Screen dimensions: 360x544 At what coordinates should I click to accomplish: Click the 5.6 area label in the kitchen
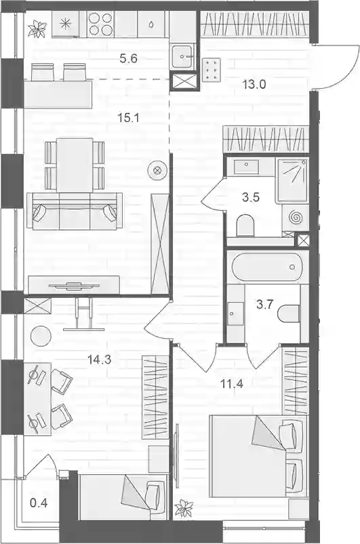(128, 58)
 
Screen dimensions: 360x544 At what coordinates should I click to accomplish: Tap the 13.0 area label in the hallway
(254, 84)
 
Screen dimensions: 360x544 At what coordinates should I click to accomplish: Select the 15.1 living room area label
(128, 118)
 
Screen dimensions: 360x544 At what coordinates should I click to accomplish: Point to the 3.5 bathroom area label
(251, 198)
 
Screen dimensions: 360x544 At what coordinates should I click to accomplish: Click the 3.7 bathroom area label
(265, 305)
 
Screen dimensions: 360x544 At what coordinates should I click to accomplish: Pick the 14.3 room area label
(99, 360)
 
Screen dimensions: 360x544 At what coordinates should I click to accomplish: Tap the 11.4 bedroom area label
(232, 384)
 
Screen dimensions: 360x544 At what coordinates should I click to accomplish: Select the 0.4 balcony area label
(39, 503)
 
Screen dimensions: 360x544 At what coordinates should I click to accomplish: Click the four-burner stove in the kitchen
(100, 24)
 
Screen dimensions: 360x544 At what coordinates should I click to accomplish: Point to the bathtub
(268, 267)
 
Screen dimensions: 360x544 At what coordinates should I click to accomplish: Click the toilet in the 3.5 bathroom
(245, 225)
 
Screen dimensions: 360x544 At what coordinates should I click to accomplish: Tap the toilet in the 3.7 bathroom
(289, 313)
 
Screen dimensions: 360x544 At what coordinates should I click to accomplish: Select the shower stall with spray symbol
(292, 180)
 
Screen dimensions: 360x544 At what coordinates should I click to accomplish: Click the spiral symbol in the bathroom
(296, 218)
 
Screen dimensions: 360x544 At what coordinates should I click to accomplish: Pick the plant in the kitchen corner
(38, 28)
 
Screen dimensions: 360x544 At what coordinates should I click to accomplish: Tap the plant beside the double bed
(184, 509)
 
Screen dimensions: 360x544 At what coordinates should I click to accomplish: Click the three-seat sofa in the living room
(75, 211)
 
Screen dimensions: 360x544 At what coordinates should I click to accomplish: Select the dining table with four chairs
(75, 165)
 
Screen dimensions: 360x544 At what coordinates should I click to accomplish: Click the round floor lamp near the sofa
(157, 170)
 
